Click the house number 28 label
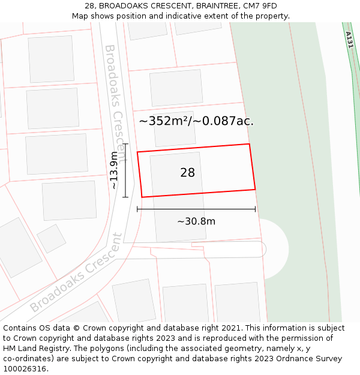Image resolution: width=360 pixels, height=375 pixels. [x=187, y=173]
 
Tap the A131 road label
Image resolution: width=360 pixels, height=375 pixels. [x=350, y=40]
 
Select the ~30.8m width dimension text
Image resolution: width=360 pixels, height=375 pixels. [x=196, y=221]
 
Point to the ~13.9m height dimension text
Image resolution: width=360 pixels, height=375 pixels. [x=114, y=170]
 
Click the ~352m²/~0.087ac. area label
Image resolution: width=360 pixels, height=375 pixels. [x=196, y=121]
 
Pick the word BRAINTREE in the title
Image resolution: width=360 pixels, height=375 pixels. [x=201, y=6]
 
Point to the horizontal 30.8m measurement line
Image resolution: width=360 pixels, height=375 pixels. [x=196, y=209]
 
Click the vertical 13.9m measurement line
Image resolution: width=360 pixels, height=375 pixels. [x=125, y=170]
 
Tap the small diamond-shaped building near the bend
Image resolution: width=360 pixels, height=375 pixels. [x=52, y=239]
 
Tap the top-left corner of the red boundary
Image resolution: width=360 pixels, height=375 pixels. [x=137, y=152]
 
